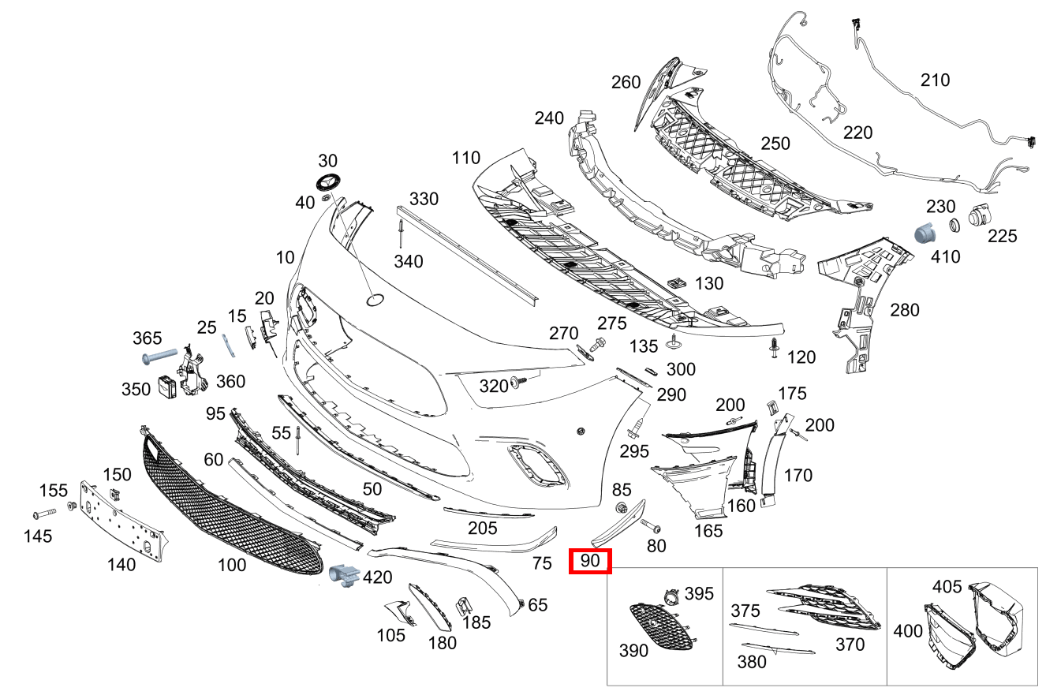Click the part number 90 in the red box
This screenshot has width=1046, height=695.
tap(590, 560)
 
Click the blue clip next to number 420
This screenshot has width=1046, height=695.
tap(344, 576)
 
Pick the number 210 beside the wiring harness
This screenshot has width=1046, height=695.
tap(935, 80)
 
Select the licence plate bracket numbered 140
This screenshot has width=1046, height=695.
tap(123, 520)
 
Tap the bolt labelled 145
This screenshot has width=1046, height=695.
tap(44, 514)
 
